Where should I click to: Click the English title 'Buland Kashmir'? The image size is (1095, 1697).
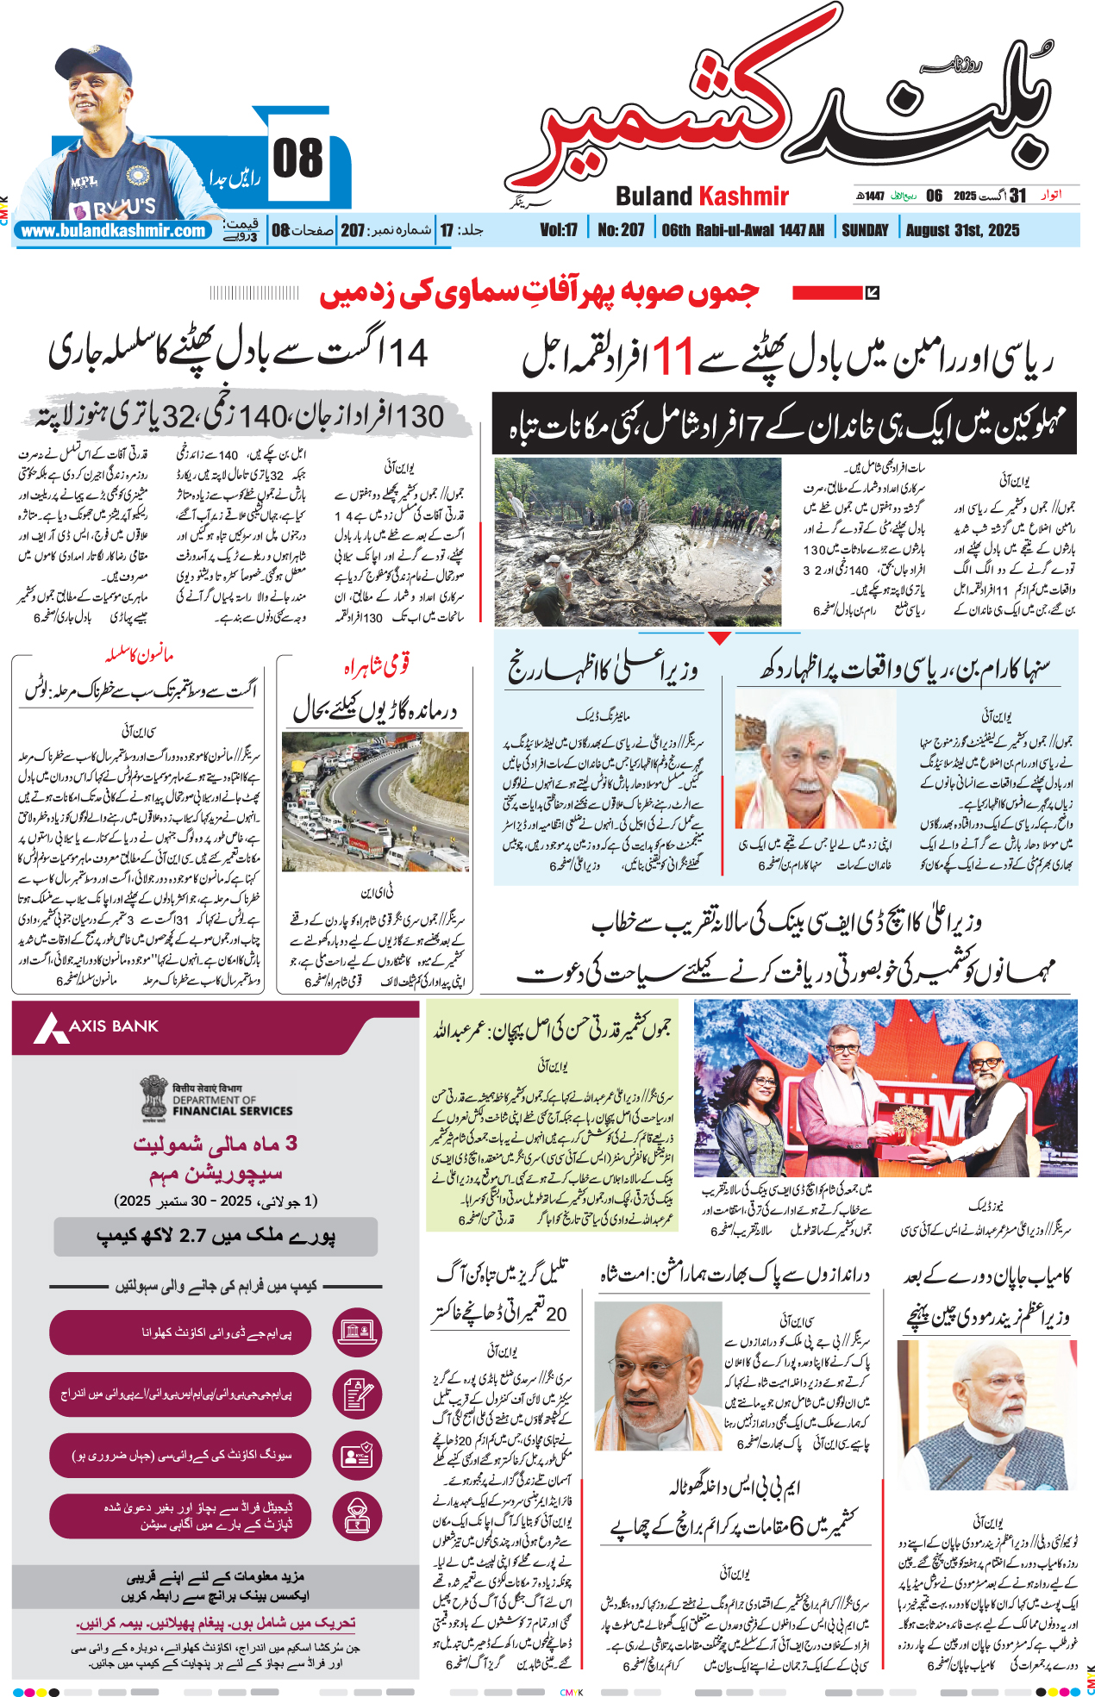click(702, 197)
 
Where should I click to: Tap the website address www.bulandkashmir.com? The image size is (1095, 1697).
click(114, 231)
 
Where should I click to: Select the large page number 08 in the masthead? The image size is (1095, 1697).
click(297, 159)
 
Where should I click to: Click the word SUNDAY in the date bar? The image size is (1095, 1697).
click(865, 230)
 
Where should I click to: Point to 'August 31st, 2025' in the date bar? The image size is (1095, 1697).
click(962, 230)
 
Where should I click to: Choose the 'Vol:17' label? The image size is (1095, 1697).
click(559, 230)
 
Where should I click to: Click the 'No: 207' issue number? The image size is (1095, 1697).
click(621, 230)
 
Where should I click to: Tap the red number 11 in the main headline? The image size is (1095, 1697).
click(672, 357)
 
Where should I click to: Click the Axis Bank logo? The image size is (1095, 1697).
click(97, 1026)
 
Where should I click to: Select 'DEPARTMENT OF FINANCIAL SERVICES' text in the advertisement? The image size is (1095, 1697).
click(231, 1105)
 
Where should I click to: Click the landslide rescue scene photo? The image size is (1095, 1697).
click(637, 541)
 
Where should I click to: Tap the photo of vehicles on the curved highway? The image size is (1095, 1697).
click(375, 802)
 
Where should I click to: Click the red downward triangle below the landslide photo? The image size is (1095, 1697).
click(719, 638)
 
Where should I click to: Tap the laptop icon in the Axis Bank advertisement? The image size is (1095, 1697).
click(357, 1332)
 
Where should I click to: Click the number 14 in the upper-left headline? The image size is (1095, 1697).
click(409, 353)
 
